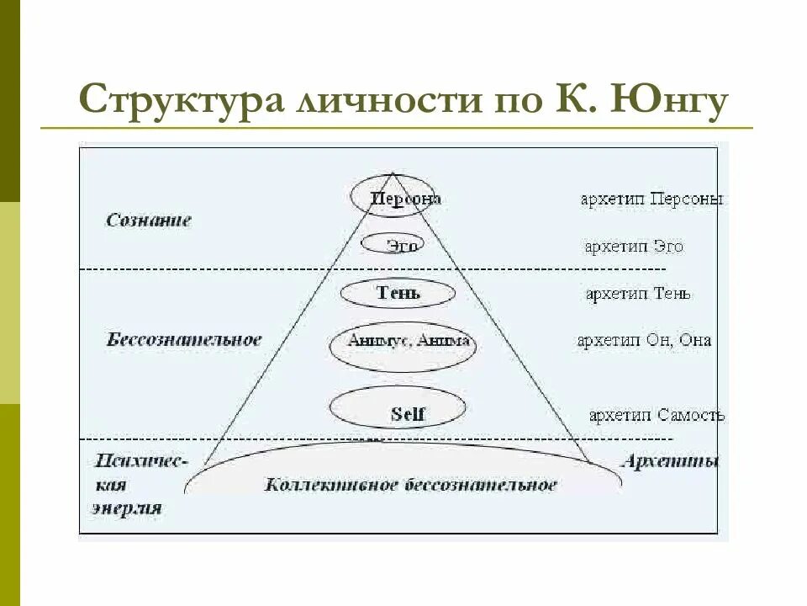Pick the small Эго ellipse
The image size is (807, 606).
(392, 245)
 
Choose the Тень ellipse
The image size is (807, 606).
(398, 293)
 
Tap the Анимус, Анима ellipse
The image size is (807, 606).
(398, 345)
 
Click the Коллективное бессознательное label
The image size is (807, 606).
(410, 485)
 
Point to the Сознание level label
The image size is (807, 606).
(149, 221)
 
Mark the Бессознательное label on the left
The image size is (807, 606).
(184, 340)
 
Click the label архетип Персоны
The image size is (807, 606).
(652, 199)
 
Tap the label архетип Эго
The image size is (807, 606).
(634, 247)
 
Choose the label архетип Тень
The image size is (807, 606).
(638, 294)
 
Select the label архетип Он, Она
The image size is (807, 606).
(644, 341)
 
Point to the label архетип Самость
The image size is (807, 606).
(657, 415)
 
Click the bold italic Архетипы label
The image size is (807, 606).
(670, 461)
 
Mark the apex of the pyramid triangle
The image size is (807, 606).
(393, 173)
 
